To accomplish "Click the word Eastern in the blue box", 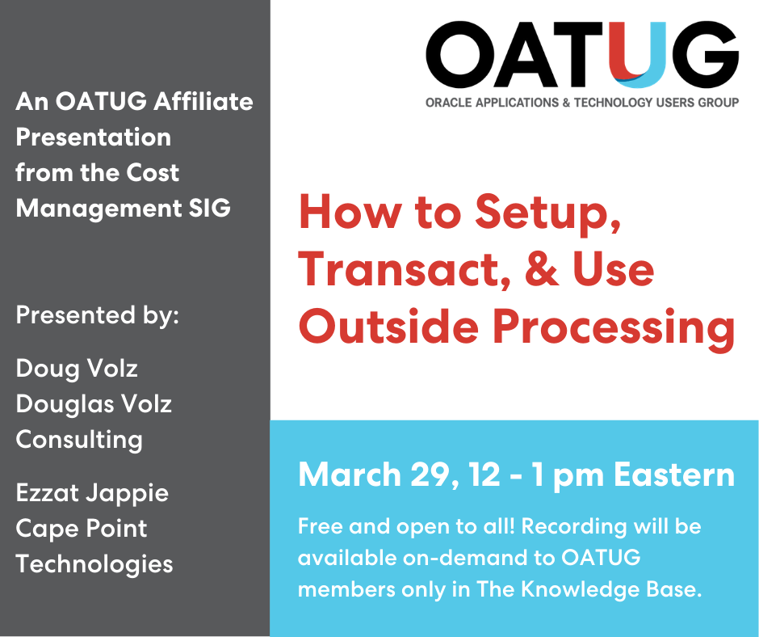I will [x=674, y=475].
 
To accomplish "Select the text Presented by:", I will [x=97, y=314].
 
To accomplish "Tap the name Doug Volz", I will [x=77, y=369].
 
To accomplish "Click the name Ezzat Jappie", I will [x=92, y=492].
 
